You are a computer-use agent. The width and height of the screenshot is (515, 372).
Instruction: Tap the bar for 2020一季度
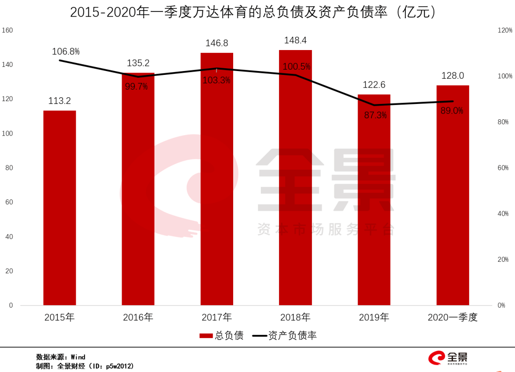pos(453,196)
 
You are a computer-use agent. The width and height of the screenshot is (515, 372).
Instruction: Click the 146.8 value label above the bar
pos(216,43)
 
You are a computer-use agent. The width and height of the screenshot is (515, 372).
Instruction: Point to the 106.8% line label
pos(66,52)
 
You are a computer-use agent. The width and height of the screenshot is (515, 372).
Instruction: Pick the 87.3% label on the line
pos(374,115)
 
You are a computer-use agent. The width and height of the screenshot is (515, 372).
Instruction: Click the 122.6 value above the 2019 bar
pos(374,85)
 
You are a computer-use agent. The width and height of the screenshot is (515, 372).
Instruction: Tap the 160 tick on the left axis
pos(8,31)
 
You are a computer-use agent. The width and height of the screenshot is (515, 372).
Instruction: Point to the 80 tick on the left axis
pos(10,168)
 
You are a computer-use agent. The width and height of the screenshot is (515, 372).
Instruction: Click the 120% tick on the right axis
pos(505,31)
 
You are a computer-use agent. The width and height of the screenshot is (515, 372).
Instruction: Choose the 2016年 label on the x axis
pos(138,317)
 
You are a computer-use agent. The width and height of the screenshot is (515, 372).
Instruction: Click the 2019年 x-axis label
pos(374,317)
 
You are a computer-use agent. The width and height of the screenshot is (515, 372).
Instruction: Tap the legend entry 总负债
pos(222,336)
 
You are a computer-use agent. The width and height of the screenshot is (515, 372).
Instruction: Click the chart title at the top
pos(253,12)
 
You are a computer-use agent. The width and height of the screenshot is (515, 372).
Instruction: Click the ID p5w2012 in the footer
pos(117,366)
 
